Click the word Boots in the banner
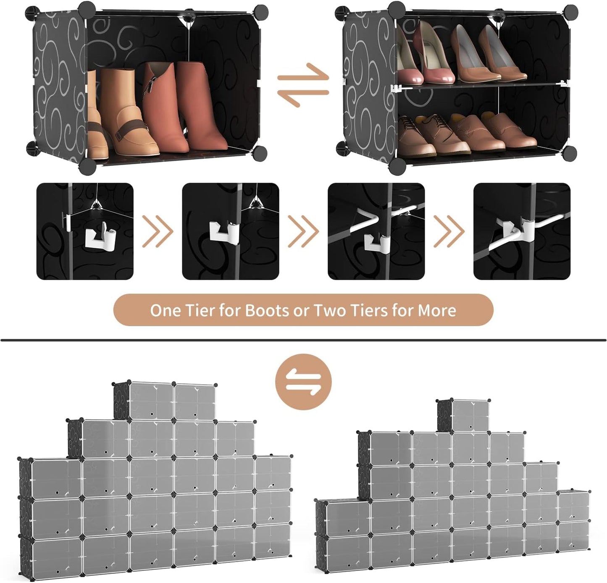pyautogui.click(x=267, y=310)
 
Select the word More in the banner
pyautogui.click(x=436, y=310)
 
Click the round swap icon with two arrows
pyautogui.click(x=303, y=381)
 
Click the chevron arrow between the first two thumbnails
pyautogui.click(x=158, y=231)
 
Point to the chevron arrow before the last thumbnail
pyautogui.click(x=449, y=231)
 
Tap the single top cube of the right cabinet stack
pyautogui.click(x=470, y=415)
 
